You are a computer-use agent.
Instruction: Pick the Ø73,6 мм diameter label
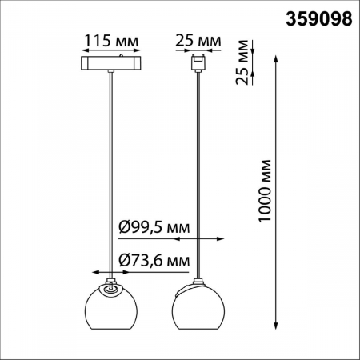click(154, 259)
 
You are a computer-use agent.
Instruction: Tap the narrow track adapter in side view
click(197, 62)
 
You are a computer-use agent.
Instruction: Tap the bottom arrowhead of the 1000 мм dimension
click(278, 326)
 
